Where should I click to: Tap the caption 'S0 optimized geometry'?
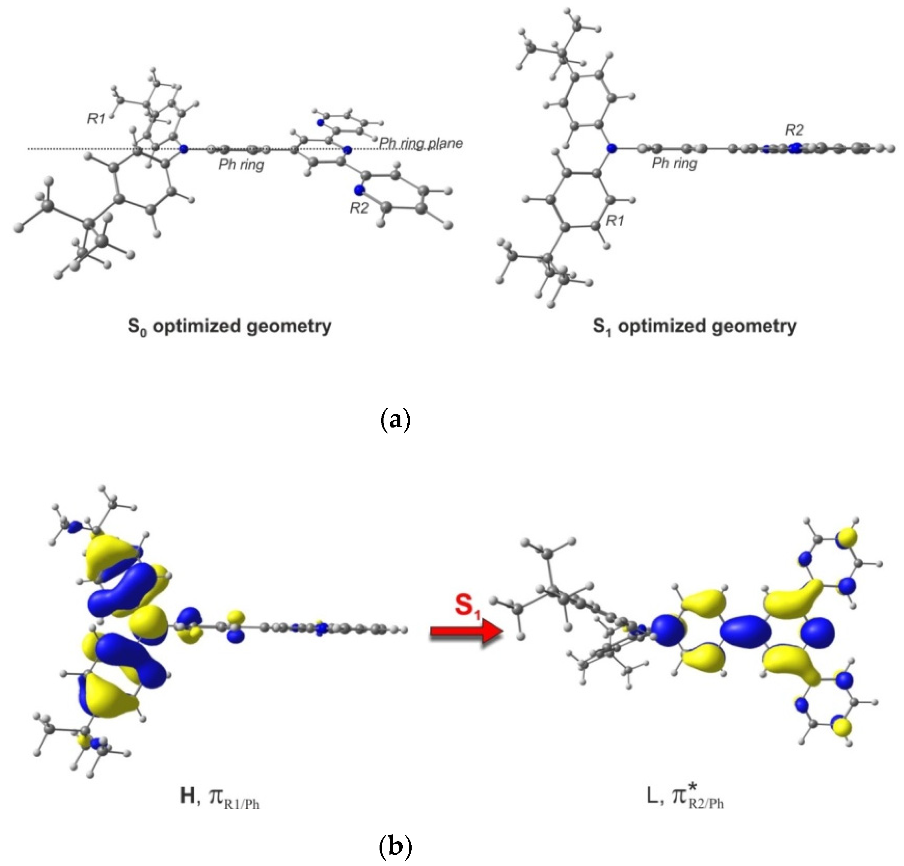[230, 326]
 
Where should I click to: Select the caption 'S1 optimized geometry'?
[695, 326]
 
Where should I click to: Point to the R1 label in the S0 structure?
[96, 119]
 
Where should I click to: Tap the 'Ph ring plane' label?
[421, 143]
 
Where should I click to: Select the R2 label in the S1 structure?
[794, 130]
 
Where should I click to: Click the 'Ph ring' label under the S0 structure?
[241, 165]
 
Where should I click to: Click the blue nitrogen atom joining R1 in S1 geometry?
[612, 148]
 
